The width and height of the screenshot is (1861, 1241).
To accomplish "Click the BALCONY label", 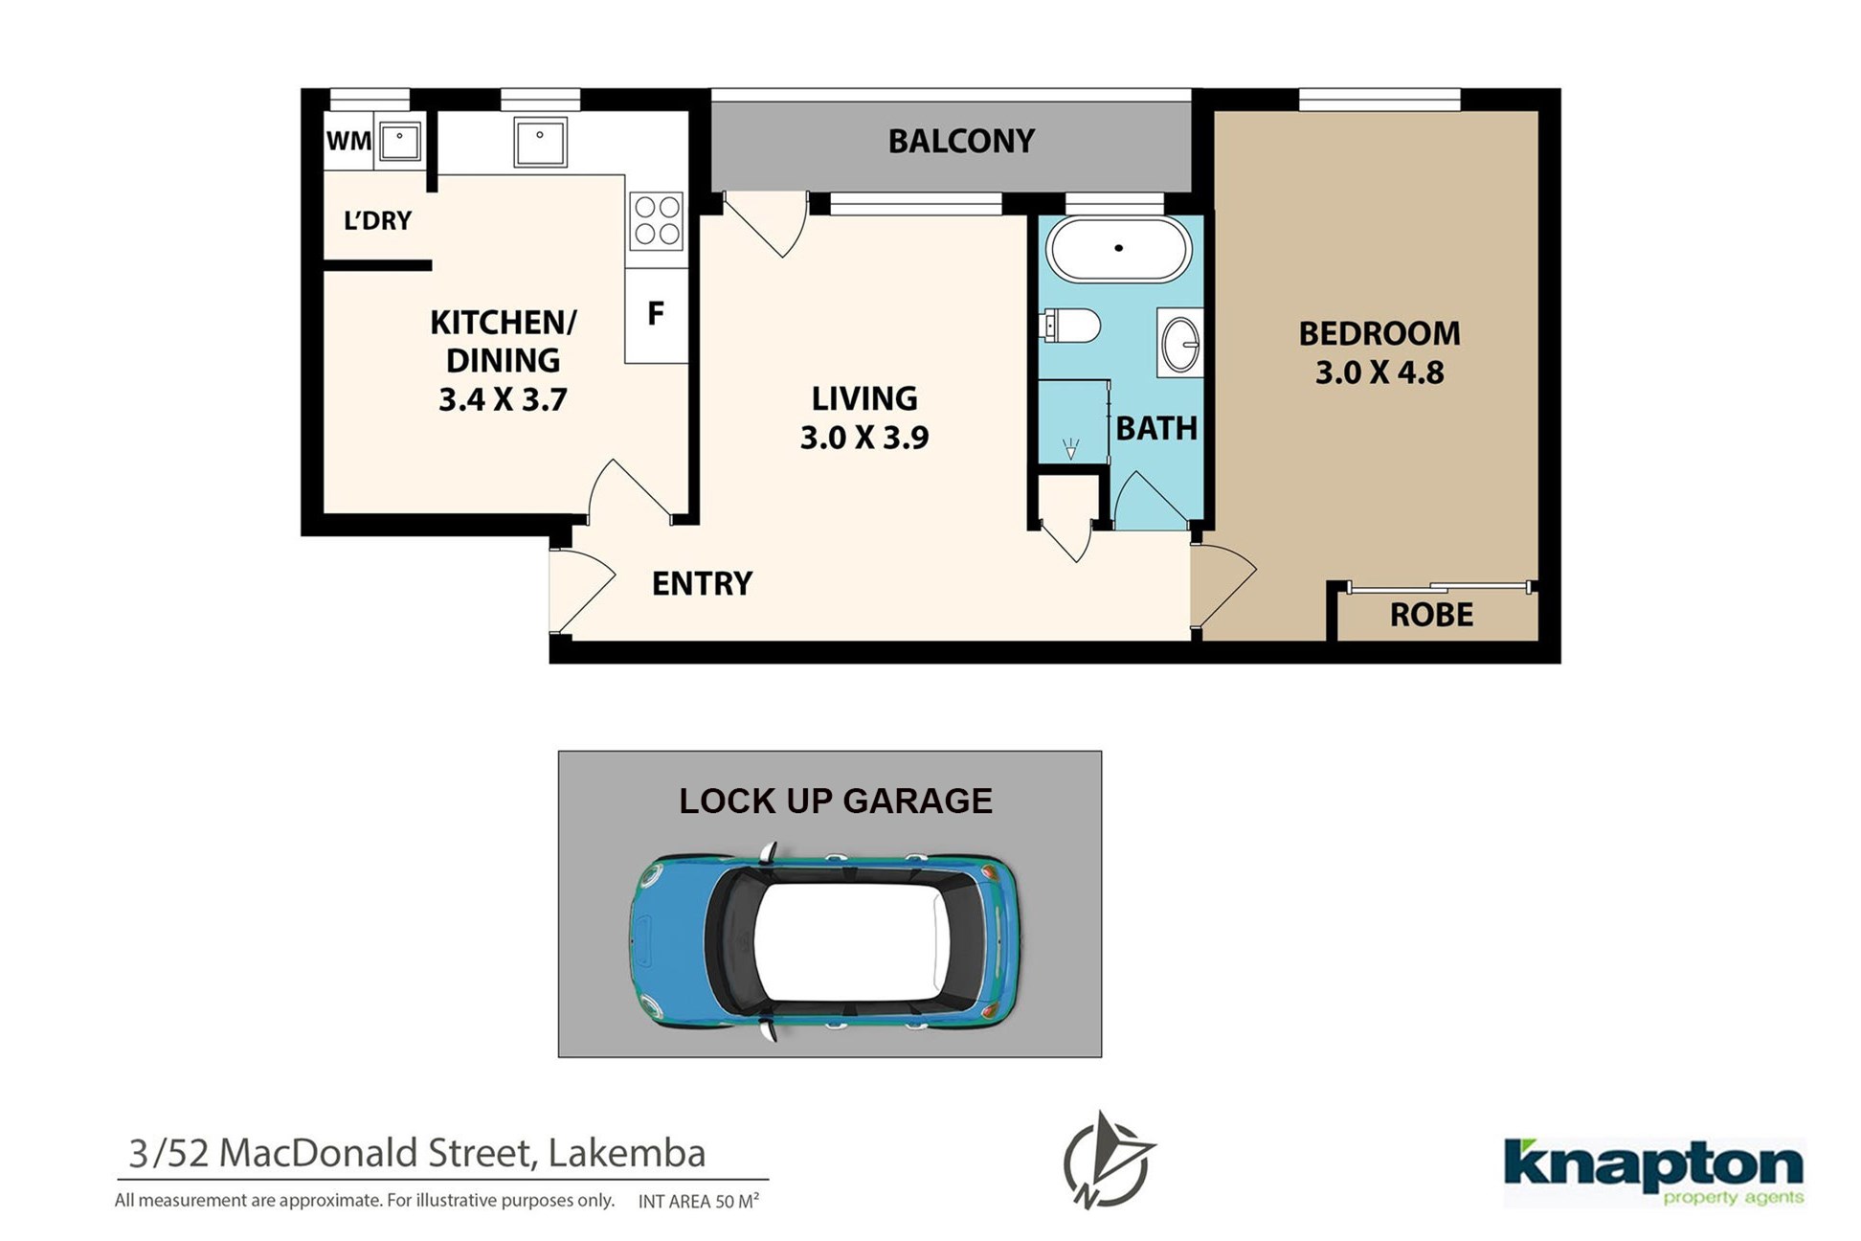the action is pyautogui.click(x=961, y=142).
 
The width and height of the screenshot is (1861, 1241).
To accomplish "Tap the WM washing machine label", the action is pyautogui.click(x=348, y=142).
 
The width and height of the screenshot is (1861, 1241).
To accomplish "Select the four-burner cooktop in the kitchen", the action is pyautogui.click(x=657, y=220).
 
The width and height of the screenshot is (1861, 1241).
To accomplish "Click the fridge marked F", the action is pyautogui.click(x=657, y=314).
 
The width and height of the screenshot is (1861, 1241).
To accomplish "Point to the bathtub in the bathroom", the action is pyautogui.click(x=1118, y=249).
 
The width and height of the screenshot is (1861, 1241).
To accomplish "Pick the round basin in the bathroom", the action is pyautogui.click(x=1180, y=343).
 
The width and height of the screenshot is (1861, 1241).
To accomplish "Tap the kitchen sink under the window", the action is pyautogui.click(x=540, y=142).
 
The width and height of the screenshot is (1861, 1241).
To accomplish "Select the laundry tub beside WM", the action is pyautogui.click(x=400, y=142).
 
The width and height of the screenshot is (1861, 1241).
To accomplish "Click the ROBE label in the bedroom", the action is pyautogui.click(x=1431, y=615).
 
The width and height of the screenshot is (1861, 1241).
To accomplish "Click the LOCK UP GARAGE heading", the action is pyautogui.click(x=836, y=801).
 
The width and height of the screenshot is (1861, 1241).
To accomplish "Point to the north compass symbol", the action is pyautogui.click(x=1108, y=1160).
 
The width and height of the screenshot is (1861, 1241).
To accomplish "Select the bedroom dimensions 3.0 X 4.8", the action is pyautogui.click(x=1379, y=372).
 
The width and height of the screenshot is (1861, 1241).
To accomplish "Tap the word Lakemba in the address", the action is pyautogui.click(x=627, y=1153).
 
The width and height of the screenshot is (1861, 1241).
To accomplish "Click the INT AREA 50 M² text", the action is pyautogui.click(x=699, y=1201).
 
